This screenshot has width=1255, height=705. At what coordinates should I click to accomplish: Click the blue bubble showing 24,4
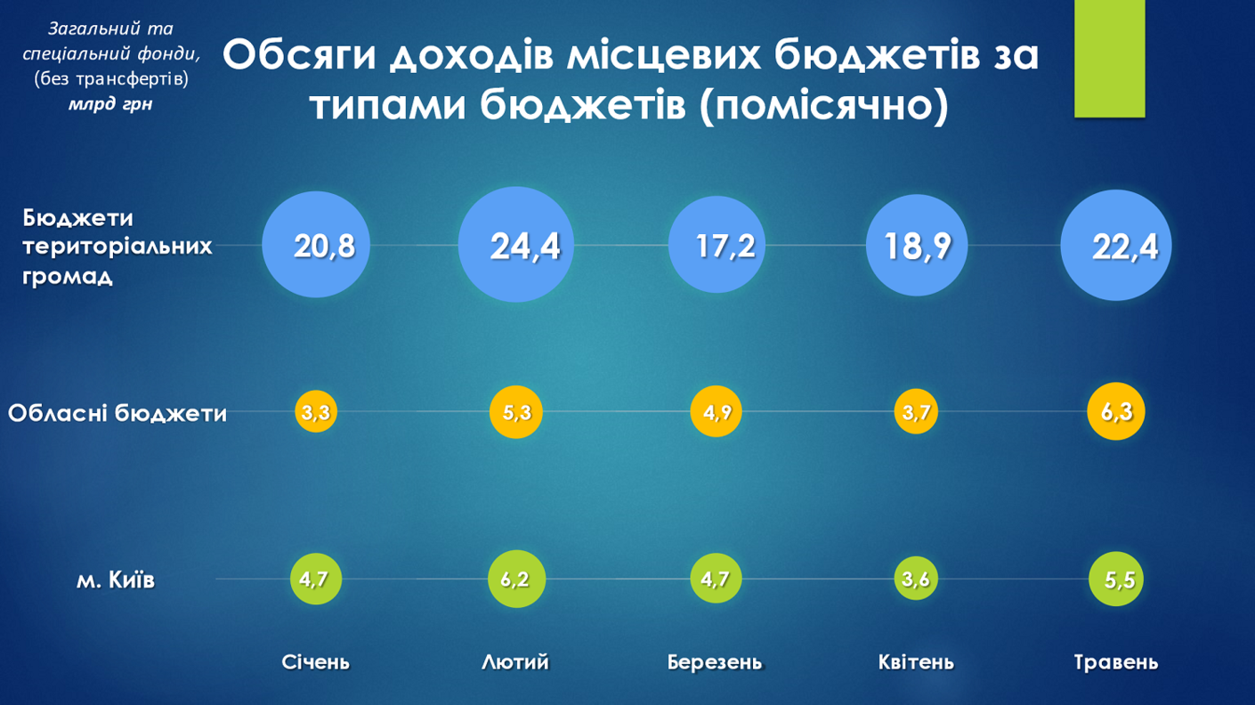(x=516, y=244)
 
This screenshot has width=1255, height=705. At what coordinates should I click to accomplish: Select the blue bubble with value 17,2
(x=717, y=244)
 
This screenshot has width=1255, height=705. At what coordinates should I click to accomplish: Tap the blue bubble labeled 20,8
(x=316, y=244)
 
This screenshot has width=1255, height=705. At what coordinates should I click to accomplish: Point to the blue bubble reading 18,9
(x=917, y=245)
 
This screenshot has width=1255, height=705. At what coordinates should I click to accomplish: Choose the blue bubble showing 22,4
(x=1116, y=245)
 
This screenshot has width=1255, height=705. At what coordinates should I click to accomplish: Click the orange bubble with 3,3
(x=316, y=411)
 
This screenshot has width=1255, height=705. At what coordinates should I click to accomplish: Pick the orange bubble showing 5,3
(x=516, y=411)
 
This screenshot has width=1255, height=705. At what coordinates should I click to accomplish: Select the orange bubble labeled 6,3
(x=1116, y=411)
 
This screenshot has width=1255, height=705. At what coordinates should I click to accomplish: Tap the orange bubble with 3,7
(x=916, y=411)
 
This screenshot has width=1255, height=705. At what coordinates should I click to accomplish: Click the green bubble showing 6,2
(x=516, y=579)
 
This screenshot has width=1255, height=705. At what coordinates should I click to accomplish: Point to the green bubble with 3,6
(x=916, y=579)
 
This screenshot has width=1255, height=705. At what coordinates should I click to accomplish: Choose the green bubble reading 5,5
(x=1116, y=579)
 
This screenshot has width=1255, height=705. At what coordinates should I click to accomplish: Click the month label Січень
(x=315, y=662)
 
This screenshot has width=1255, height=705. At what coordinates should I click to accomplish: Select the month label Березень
(x=715, y=662)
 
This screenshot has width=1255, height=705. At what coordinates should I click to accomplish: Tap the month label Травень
(x=1115, y=662)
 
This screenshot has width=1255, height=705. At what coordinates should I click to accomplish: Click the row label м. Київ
(x=116, y=579)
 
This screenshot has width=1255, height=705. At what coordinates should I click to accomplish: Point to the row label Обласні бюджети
(x=117, y=413)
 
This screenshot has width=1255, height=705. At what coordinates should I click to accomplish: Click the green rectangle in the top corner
(x=1109, y=58)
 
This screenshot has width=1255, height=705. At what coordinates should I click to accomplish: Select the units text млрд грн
(x=110, y=104)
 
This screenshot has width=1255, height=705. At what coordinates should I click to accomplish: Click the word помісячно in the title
(x=824, y=105)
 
